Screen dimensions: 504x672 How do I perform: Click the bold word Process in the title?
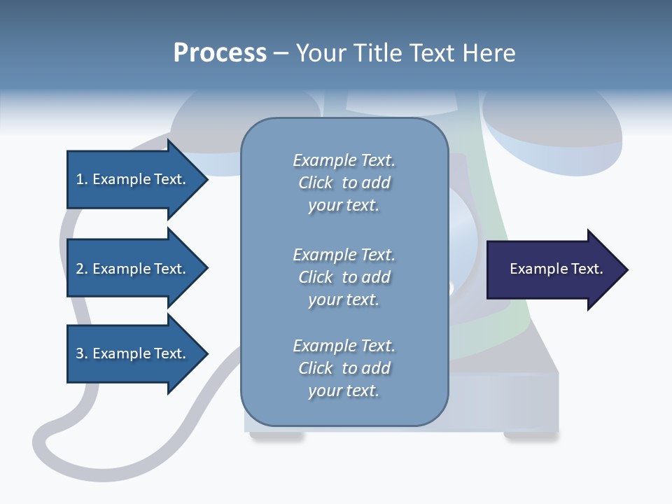220,53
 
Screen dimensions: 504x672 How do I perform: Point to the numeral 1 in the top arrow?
80,179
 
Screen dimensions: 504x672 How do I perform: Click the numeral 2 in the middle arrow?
80,269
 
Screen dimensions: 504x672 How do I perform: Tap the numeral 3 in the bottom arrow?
80,353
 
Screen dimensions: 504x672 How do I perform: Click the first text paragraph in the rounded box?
344,183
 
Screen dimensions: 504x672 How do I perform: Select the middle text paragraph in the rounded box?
344,277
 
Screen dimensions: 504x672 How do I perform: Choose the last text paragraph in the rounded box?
344,368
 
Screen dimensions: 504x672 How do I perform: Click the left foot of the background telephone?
277,436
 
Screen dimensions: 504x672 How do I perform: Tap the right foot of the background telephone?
531,436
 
